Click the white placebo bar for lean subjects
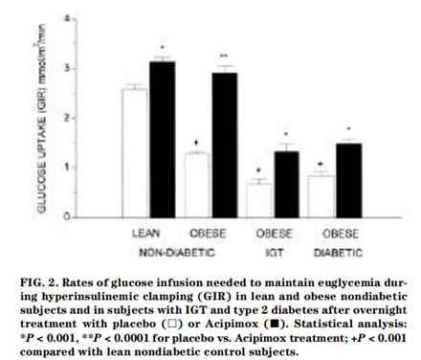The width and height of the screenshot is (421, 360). pos(135,153)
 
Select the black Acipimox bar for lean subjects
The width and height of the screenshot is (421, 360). pos(163,140)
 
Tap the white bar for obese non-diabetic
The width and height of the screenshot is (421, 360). pos(198,185)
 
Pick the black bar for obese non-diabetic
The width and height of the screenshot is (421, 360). pos(225,146)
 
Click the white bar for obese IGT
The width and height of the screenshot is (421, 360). pos(259,200)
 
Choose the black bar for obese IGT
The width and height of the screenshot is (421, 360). pos(287,185)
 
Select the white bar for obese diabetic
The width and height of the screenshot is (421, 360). pos(321,196)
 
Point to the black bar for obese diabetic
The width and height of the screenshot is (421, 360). pos(349,181)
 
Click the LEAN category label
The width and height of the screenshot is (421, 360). pos(145,233)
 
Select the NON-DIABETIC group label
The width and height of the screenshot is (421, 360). pos(177,253)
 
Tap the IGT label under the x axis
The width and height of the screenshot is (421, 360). pos(274,253)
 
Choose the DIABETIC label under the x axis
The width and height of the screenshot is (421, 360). pos(338,253)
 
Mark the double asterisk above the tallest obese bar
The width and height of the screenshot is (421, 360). pos(224,56)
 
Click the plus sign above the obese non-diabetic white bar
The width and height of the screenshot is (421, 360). pos(196,143)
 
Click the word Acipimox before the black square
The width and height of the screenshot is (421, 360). pos(232,324)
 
